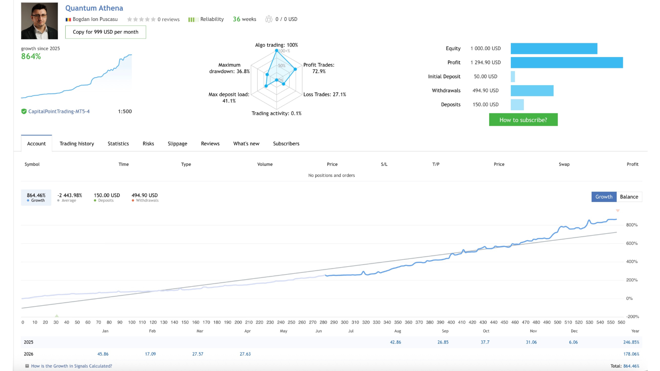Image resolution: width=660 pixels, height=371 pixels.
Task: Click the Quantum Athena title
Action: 94,8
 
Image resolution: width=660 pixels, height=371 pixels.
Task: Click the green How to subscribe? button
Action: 523,120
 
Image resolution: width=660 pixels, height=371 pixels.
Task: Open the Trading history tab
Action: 77,144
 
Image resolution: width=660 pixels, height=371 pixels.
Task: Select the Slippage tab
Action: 177,144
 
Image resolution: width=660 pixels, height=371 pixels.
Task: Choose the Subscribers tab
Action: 286,144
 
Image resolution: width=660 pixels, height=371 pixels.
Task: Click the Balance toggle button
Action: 629,197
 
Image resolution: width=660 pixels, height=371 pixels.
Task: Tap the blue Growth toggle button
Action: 604,197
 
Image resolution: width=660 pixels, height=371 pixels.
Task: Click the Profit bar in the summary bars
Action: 566,63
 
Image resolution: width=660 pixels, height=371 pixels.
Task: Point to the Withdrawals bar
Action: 532,91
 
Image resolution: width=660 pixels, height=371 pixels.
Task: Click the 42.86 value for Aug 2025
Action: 395,342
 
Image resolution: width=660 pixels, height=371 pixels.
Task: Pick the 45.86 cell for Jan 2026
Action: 103,354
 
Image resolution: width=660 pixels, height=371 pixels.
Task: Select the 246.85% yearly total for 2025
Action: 631,342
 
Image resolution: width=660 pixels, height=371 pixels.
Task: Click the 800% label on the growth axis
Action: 631,225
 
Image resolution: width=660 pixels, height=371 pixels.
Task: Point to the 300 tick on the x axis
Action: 344,322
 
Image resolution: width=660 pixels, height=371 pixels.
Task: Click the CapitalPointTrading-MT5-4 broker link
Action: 59,111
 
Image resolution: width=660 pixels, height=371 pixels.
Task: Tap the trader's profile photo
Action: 40,21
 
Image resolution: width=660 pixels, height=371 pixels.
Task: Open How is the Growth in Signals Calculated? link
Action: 71,366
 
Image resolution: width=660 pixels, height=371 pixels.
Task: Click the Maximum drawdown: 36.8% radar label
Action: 229,68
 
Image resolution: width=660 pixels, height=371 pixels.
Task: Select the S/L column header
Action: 384,164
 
